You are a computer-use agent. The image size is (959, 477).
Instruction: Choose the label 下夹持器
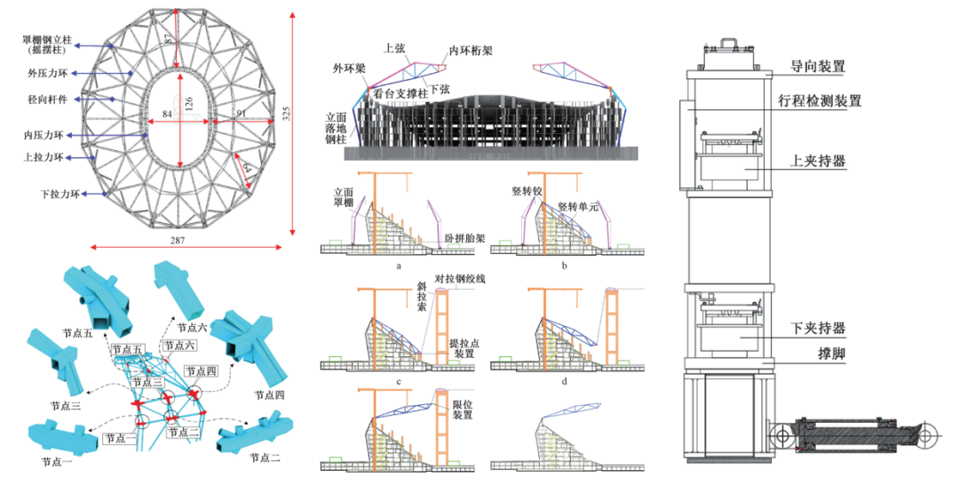[817, 328]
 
